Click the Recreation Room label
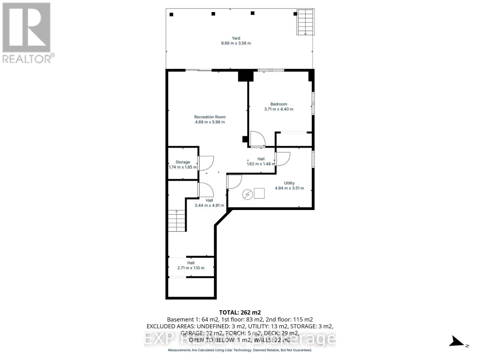210,117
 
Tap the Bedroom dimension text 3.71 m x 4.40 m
279,109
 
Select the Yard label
236,38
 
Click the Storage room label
183,162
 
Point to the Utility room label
289,183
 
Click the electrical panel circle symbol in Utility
247,195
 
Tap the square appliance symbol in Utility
259,193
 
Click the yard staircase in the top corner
305,22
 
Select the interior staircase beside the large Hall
177,220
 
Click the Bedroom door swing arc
258,139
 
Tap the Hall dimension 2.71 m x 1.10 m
191,268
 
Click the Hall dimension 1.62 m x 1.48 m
261,164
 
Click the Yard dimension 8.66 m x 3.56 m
236,43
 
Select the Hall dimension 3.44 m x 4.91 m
209,205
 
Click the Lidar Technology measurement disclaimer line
240,350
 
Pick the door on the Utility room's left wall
234,182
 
